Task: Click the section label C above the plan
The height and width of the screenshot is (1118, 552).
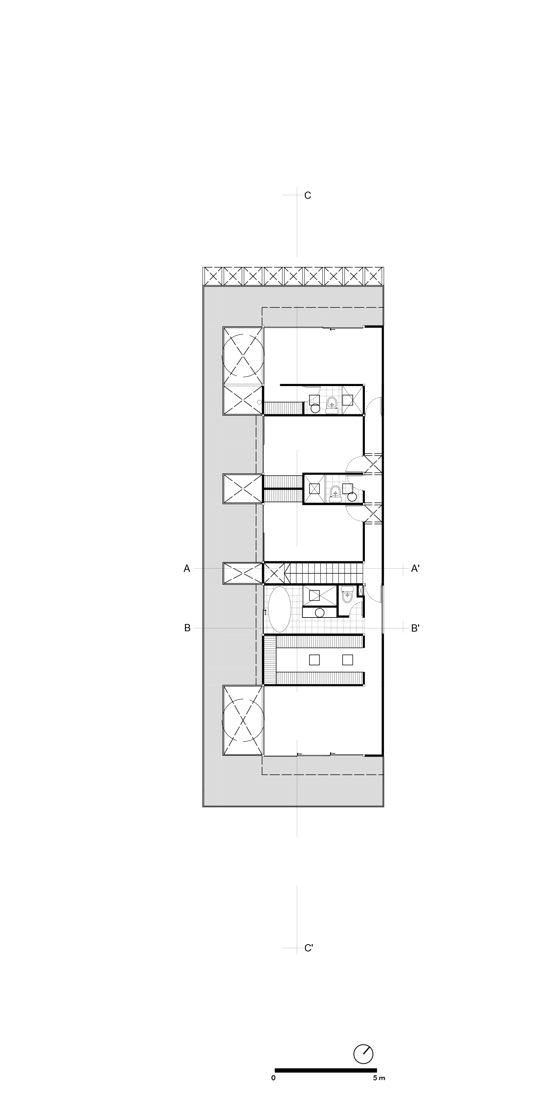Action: click(307, 196)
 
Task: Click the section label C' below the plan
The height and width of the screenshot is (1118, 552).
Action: click(308, 948)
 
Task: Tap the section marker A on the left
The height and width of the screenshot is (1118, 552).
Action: click(187, 569)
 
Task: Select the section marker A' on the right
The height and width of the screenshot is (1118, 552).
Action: click(415, 569)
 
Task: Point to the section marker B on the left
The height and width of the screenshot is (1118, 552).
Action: click(187, 628)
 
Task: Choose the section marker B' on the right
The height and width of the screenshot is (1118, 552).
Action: click(415, 628)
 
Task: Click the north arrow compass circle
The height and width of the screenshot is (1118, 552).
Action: click(363, 1054)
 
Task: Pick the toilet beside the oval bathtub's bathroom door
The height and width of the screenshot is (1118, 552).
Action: click(347, 595)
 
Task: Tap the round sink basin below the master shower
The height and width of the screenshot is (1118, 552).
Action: click(320, 612)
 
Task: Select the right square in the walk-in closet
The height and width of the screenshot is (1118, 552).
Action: click(347, 660)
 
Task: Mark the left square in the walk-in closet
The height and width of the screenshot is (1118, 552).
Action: click(315, 660)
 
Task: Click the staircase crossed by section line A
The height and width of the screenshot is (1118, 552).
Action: click(324, 573)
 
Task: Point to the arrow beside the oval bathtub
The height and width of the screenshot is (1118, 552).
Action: click(265, 612)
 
